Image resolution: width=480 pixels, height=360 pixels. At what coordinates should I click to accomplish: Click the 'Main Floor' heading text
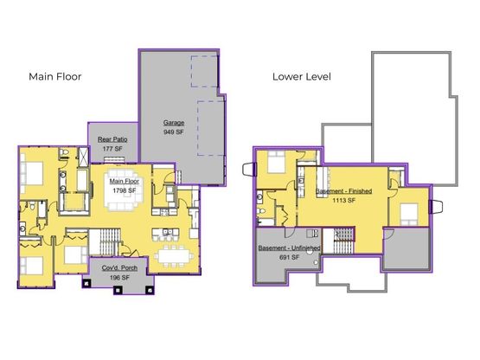(x=55, y=77)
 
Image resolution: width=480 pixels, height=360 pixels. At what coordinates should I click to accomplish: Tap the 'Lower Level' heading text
(x=302, y=77)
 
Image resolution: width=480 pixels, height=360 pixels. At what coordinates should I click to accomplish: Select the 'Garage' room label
(x=174, y=123)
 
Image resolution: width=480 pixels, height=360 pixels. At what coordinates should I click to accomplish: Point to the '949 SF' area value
(x=174, y=132)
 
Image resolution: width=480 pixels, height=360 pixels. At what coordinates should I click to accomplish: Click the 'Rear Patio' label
(x=112, y=139)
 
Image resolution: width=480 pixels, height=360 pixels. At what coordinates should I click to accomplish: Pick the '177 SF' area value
(x=112, y=149)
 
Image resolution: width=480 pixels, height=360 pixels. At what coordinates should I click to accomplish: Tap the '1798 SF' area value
(x=125, y=190)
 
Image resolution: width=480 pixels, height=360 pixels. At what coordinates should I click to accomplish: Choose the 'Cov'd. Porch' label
(x=119, y=267)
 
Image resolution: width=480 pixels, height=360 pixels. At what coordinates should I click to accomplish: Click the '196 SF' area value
(x=119, y=278)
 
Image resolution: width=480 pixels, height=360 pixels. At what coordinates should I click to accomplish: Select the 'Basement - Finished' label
(x=343, y=191)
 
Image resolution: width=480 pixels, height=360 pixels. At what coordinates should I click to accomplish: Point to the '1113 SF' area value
(x=343, y=201)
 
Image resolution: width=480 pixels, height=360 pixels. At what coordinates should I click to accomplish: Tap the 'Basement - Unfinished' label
(x=289, y=247)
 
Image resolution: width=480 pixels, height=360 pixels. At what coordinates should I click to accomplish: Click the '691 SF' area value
(x=289, y=257)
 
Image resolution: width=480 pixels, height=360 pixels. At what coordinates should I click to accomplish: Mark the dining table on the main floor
(x=174, y=255)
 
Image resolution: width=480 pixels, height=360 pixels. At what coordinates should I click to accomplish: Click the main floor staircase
(x=105, y=241)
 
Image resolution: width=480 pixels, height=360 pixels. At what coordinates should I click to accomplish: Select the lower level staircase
(x=339, y=241)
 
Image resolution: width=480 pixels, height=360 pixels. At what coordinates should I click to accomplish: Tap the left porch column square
(x=86, y=284)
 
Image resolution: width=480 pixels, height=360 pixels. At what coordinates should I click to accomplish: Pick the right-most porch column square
(x=150, y=290)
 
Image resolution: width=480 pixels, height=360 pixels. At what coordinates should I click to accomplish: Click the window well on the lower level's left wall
(x=249, y=170)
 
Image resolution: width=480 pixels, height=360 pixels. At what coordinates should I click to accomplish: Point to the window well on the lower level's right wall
(x=436, y=207)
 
